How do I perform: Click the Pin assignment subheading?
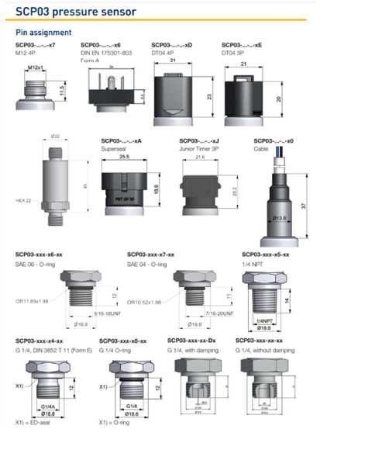coord(43,33)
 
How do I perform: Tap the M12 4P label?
coord(28,53)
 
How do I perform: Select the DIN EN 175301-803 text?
coord(106,53)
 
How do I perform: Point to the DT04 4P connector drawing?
coord(174,96)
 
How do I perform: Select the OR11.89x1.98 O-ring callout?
coord(33,302)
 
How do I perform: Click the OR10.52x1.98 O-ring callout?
coord(144,302)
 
